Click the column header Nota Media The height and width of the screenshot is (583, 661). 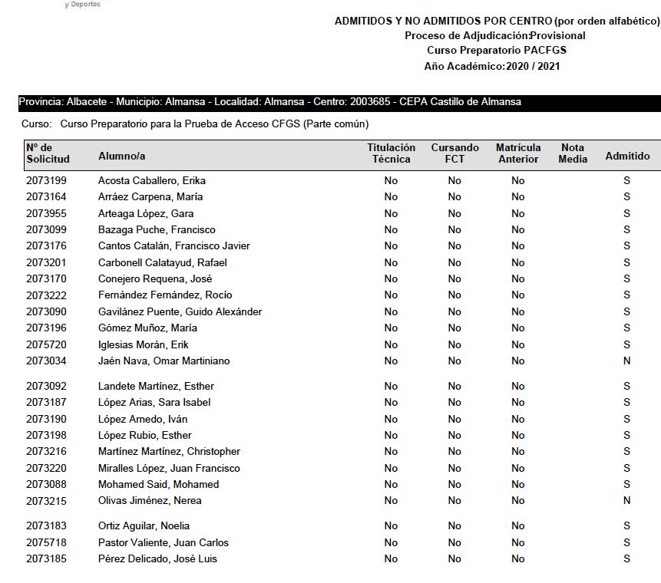click(573, 153)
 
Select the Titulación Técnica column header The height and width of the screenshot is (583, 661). click(391, 153)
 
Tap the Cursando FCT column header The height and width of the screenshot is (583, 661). click(454, 153)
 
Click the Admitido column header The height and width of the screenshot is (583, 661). click(627, 156)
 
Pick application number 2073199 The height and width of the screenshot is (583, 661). click(46, 181)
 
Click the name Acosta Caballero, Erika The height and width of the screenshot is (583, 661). click(152, 181)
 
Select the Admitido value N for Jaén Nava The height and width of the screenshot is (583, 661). click(626, 361)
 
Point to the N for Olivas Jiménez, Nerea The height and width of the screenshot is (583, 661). click(626, 501)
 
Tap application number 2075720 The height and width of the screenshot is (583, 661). click(46, 344)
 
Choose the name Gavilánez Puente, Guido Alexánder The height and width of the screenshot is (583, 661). click(180, 312)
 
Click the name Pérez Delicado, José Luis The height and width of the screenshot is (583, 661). click(157, 559)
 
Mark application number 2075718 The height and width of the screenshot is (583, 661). click(46, 543)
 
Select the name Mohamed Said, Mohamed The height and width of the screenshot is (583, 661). click(158, 485)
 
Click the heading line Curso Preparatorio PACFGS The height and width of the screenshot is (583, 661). click(496, 51)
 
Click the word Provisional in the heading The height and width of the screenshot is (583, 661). click(558, 35)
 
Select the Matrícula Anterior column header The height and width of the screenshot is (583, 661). click(518, 153)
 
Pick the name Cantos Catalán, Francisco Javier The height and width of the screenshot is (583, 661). click(174, 246)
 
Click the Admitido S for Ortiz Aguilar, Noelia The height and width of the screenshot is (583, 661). click(626, 526)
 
